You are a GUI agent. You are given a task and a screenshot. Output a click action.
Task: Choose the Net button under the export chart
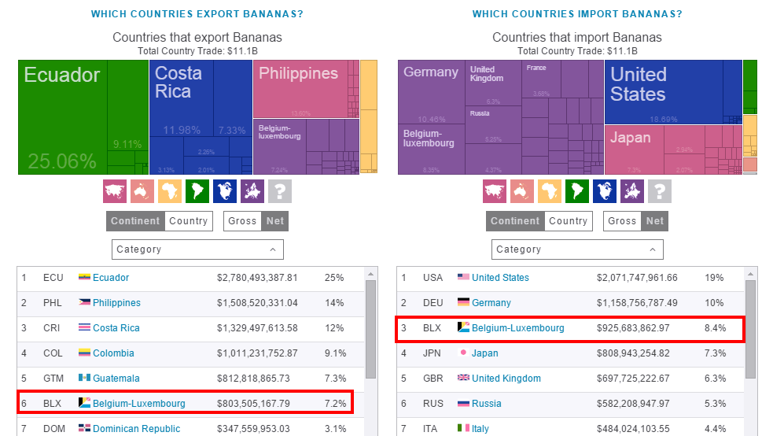[275, 221]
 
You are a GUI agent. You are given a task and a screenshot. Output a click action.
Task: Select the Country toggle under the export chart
[188, 221]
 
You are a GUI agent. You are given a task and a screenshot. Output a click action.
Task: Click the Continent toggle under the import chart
[515, 221]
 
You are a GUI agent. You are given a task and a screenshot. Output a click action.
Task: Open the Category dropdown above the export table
[197, 249]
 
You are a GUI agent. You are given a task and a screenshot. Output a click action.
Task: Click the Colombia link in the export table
[113, 353]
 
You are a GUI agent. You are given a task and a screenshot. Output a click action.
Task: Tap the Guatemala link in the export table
[116, 379]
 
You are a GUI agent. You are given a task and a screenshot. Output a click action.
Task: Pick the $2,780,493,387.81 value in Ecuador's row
[257, 278]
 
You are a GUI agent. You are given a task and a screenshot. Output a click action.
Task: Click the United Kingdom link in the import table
[506, 379]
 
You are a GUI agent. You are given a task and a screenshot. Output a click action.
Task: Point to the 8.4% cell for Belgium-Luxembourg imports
[715, 328]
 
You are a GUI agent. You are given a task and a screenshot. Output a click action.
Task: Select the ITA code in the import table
[431, 429]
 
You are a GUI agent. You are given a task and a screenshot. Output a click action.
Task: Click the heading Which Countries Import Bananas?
[577, 14]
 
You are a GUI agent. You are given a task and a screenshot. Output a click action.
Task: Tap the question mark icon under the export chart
[280, 190]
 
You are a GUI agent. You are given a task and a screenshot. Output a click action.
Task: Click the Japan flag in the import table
[463, 353]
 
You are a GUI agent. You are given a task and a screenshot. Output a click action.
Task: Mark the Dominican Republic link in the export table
[136, 429]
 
